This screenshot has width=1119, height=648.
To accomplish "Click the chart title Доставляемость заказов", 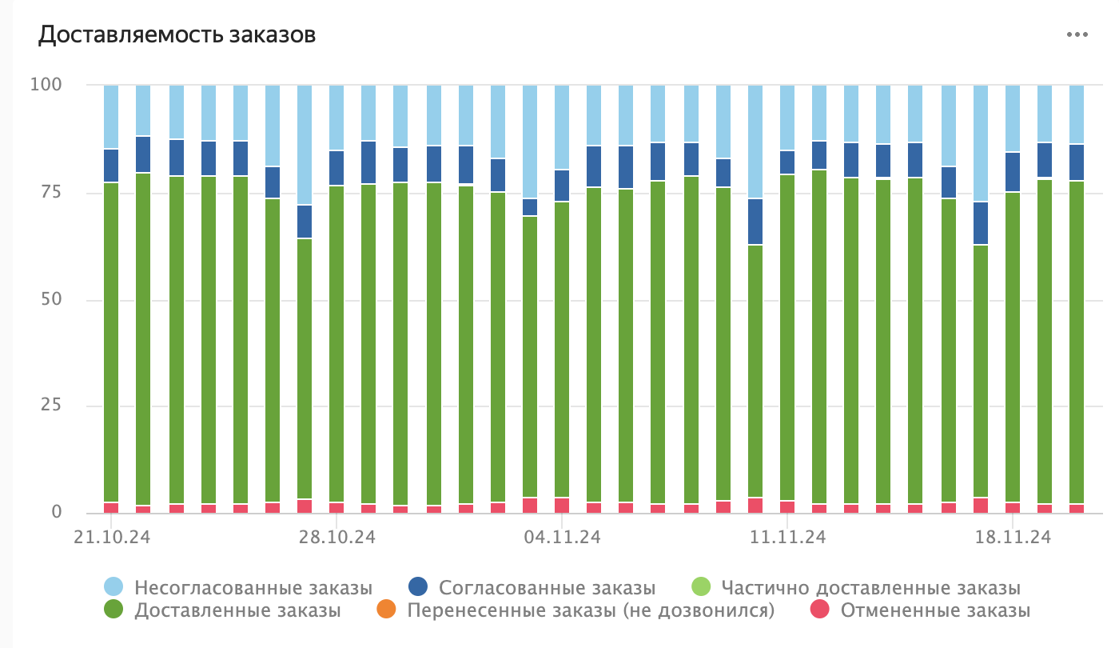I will (177, 35).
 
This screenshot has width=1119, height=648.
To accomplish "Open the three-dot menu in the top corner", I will (1077, 34).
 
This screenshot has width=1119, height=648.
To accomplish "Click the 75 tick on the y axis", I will (50, 192).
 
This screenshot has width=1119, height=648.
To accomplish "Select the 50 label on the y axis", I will (50, 299).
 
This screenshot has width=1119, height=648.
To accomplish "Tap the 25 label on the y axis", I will (50, 406).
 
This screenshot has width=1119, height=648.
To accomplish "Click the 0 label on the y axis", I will (56, 512).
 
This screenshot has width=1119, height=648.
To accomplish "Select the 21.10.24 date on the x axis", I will (113, 538).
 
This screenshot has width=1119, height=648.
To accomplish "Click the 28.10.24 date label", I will (336, 538).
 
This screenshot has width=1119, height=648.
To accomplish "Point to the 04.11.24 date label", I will (562, 538).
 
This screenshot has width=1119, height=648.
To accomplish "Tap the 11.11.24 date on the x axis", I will (787, 538).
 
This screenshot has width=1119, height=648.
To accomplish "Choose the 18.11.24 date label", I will (1012, 538).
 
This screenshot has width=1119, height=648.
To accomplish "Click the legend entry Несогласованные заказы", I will (253, 588).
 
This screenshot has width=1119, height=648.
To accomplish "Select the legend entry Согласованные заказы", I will (547, 588).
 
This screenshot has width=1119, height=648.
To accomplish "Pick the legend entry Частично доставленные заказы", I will (870, 588).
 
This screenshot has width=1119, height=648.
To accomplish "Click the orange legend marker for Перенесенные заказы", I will (386, 610).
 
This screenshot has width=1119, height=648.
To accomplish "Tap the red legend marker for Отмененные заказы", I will (819, 610).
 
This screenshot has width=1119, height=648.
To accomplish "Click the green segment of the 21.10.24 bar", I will (111, 344).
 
